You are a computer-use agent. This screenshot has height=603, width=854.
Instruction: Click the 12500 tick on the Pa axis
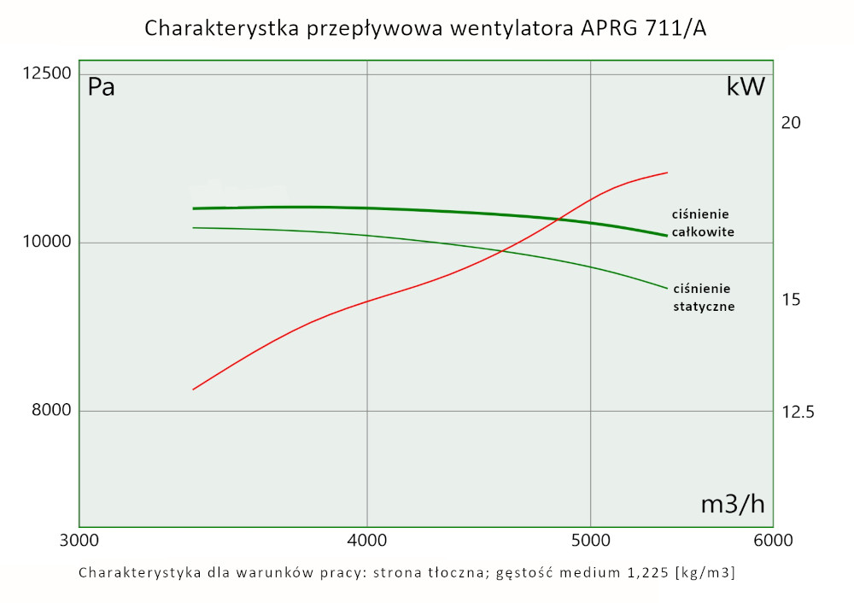(x=47, y=74)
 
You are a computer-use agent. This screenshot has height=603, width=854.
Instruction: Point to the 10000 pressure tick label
(x=47, y=243)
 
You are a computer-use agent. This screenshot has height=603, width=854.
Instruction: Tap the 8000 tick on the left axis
(x=51, y=411)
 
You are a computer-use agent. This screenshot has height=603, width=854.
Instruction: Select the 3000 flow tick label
(x=79, y=541)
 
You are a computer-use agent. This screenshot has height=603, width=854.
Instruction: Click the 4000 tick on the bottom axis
(x=366, y=541)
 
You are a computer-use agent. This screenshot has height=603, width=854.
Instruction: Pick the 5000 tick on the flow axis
(x=590, y=541)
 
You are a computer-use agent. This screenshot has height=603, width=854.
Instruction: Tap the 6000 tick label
(x=773, y=541)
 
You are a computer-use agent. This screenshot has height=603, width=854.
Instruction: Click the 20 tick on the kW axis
(x=791, y=123)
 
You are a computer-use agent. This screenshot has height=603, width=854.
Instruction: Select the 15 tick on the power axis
(x=791, y=300)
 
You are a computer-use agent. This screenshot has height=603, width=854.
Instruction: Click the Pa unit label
(x=102, y=87)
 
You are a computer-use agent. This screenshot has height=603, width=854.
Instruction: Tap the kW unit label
(x=745, y=87)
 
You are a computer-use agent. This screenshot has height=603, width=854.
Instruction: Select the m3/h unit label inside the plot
(x=733, y=505)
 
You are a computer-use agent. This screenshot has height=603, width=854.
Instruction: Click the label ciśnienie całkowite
(x=702, y=222)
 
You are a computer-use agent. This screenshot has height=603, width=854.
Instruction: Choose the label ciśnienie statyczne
(x=704, y=296)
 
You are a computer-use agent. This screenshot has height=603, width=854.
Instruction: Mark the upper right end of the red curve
(x=667, y=173)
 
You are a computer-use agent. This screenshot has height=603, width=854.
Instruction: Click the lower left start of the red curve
(x=193, y=389)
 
